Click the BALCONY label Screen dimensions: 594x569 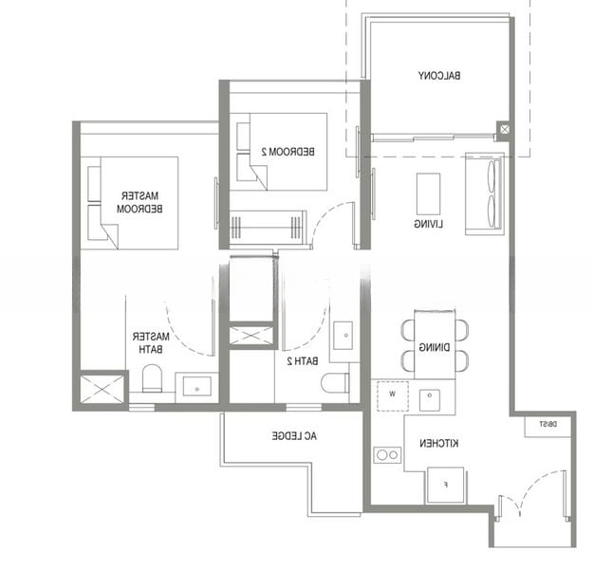click(439, 75)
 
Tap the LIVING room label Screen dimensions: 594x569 click(429, 224)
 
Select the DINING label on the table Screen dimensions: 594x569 click(435, 347)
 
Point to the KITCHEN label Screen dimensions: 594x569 click(438, 443)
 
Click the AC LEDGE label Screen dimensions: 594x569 click(294, 435)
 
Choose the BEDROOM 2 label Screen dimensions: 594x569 click(288, 152)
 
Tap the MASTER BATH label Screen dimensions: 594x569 click(151, 342)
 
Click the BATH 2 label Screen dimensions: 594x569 click(303, 361)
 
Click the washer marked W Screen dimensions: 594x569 click(393, 396)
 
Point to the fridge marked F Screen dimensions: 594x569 click(446, 485)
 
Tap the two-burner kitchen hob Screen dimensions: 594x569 click(387, 454)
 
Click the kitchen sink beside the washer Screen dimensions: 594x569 click(430, 400)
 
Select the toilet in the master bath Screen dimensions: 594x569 click(152, 378)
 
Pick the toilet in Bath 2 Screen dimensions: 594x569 click(335, 383)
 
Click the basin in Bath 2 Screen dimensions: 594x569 click(343, 336)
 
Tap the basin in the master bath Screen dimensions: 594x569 click(197, 387)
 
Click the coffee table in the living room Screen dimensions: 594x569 click(429, 194)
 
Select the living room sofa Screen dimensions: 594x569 click(485, 193)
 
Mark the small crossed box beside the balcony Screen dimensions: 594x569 click(504, 129)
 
